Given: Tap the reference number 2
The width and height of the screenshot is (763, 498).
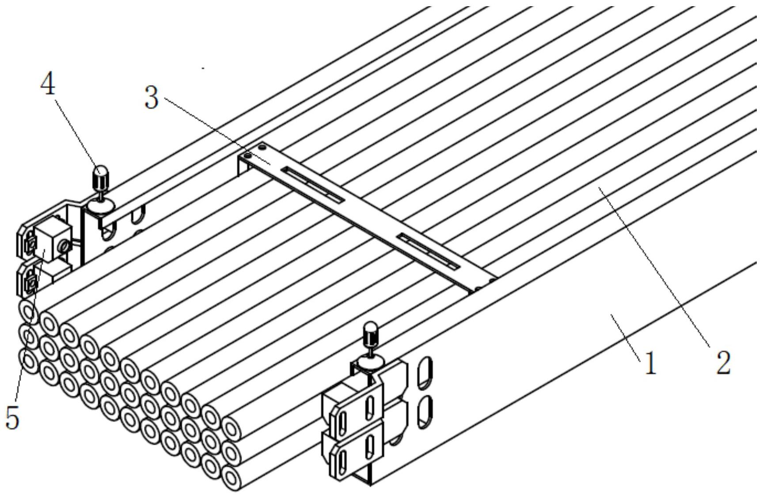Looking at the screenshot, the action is [x=723, y=364].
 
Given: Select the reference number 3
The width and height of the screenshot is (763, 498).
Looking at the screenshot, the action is [x=152, y=98].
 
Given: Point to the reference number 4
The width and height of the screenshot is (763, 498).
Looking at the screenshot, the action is [x=48, y=84].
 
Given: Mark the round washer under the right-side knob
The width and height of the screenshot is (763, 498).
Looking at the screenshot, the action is [x=370, y=363].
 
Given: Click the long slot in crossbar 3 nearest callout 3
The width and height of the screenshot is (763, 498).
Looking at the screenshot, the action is [x=314, y=185].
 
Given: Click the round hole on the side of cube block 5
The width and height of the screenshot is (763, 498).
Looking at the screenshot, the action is [x=65, y=245].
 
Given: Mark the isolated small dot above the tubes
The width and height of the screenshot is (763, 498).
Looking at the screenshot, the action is [x=203, y=68].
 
